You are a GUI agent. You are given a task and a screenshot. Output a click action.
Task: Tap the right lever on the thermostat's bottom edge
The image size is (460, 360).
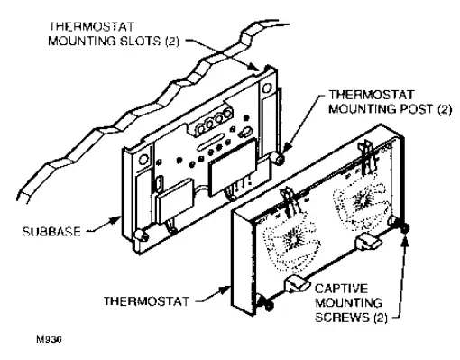[369, 241]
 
